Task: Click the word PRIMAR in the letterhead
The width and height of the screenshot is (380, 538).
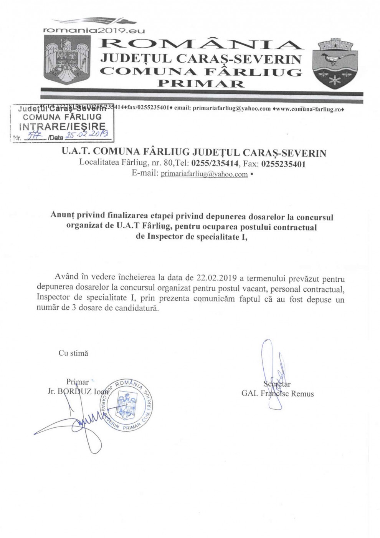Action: coord(200,83)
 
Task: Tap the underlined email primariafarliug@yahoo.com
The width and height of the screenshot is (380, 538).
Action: coord(204,174)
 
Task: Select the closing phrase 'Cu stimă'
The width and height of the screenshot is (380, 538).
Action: coord(73,353)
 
